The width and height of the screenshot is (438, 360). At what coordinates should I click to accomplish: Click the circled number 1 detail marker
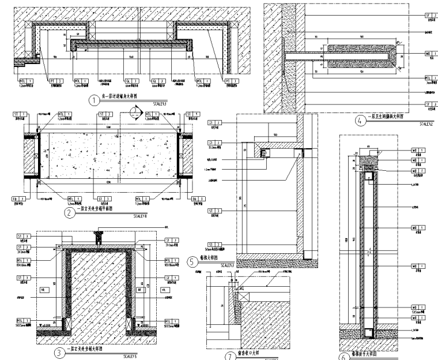click(x=94, y=100)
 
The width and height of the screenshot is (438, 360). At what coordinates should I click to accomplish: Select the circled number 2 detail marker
click(x=69, y=211)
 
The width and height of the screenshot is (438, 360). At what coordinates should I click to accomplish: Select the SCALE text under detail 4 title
click(x=426, y=123)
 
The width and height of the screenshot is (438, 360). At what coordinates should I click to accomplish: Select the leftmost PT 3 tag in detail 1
click(x=27, y=81)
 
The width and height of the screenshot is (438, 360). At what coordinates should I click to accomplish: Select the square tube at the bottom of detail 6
click(x=368, y=332)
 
